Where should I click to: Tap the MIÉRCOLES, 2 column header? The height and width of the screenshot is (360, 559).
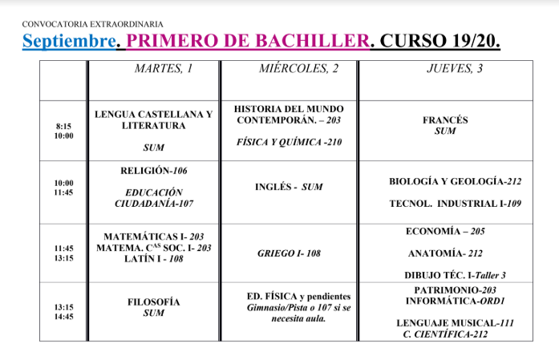pyautogui.click(x=299, y=69)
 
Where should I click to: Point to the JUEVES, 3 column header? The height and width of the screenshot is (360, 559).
pyautogui.click(x=455, y=69)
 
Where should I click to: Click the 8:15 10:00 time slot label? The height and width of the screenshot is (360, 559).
pyautogui.click(x=64, y=131)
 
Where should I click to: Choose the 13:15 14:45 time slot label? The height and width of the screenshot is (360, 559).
pyautogui.click(x=64, y=309)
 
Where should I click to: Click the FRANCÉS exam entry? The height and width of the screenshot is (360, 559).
pyautogui.click(x=445, y=120)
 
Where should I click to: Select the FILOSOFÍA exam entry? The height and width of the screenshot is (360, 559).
pyautogui.click(x=153, y=302)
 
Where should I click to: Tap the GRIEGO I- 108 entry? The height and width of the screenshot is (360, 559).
pyautogui.click(x=289, y=253)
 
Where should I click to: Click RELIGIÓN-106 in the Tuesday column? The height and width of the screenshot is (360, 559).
pyautogui.click(x=153, y=171)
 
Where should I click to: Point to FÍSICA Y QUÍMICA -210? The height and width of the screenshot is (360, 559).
pyautogui.click(x=290, y=141)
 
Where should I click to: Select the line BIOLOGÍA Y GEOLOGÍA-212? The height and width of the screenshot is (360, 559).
pyautogui.click(x=455, y=182)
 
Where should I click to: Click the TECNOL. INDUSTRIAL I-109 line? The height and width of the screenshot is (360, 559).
pyautogui.click(x=455, y=204)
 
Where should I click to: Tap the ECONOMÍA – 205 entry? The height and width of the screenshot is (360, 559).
pyautogui.click(x=445, y=232)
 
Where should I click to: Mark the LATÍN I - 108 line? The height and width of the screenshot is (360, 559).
pyautogui.click(x=153, y=259)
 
